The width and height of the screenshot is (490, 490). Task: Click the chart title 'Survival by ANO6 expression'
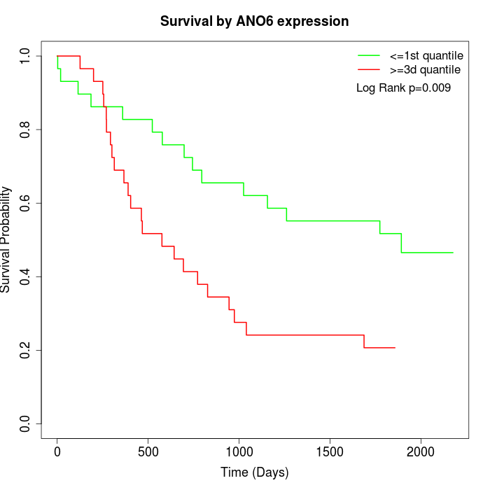click(254, 21)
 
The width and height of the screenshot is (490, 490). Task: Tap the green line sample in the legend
click(368, 55)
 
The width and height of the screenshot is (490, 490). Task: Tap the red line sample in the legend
click(368, 69)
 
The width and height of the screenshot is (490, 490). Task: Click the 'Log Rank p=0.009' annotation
click(403, 88)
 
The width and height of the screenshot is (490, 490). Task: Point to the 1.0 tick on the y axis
click(26, 56)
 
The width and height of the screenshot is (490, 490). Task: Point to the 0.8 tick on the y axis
click(26, 129)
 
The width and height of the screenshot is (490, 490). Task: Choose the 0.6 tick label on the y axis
click(26, 203)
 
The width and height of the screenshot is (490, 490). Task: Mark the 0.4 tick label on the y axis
click(26, 276)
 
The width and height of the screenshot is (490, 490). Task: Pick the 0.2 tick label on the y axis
click(26, 350)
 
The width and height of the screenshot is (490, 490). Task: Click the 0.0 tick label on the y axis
click(26, 423)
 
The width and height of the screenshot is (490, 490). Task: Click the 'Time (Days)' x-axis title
click(254, 472)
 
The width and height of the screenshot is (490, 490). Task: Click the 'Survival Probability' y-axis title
click(7, 239)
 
